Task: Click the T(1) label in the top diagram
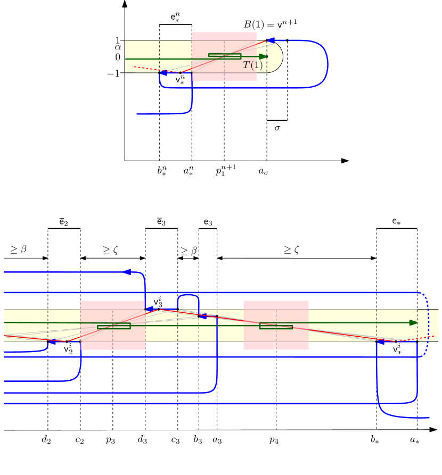(x=252, y=65)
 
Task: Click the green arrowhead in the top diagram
(x=263, y=56)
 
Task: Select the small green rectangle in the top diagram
(x=224, y=56)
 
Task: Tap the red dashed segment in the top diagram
(x=146, y=69)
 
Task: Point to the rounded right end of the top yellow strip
(x=276, y=56)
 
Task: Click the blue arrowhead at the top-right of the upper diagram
(x=272, y=40)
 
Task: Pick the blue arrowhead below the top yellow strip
(x=163, y=73)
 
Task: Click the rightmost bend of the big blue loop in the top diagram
(x=328, y=63)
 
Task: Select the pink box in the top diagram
(x=224, y=36)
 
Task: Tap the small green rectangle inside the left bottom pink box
(x=113, y=326)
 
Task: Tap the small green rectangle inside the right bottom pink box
(x=276, y=326)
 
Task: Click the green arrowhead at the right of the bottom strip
(x=413, y=322)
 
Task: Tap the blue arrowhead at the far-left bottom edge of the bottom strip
(x=52, y=342)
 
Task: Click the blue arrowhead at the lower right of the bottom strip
(x=380, y=342)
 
